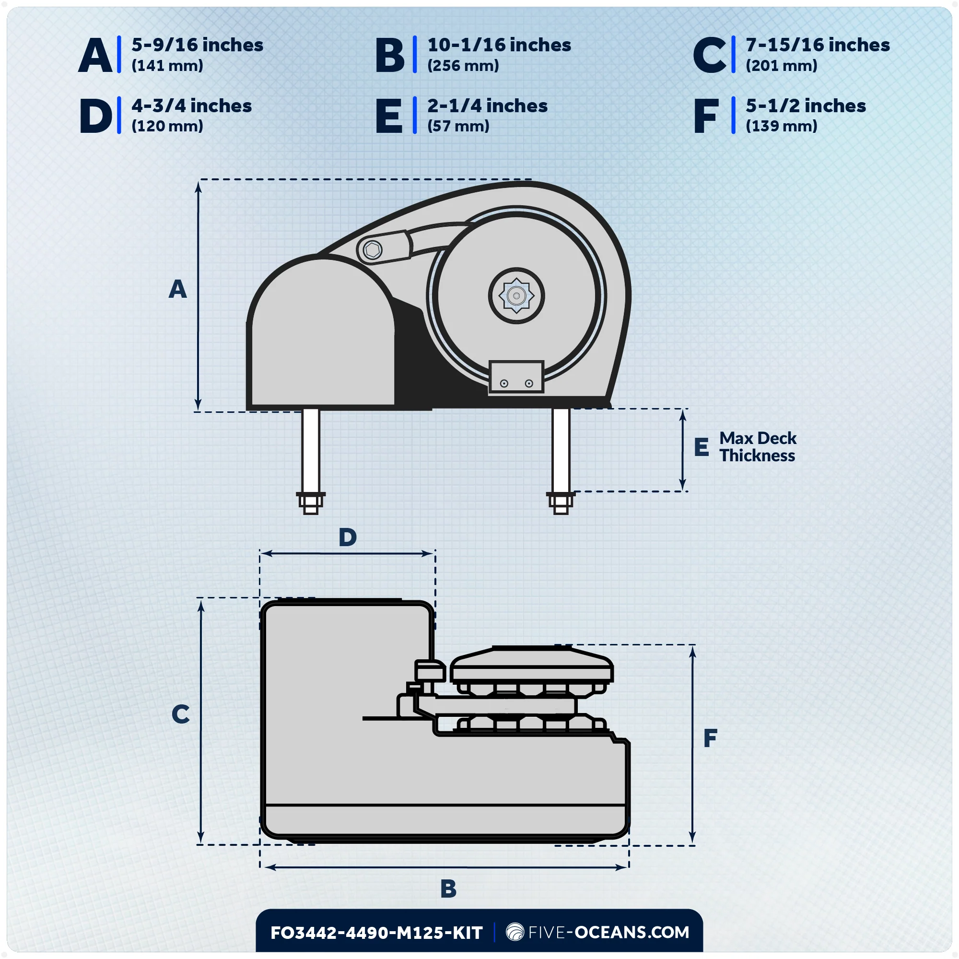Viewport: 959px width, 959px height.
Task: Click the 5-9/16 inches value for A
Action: tap(197, 45)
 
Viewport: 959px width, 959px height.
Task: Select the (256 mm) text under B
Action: tap(463, 66)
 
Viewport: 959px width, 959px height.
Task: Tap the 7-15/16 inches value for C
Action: tap(818, 45)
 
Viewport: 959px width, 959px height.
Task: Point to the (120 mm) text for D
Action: tap(167, 126)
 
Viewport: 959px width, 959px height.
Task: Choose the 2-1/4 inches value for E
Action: tap(488, 105)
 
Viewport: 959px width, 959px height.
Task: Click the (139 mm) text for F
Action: tap(781, 126)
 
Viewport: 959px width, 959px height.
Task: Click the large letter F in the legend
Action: tap(706, 116)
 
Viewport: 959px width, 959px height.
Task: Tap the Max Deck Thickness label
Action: tap(758, 447)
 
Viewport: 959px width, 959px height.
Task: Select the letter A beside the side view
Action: tap(178, 289)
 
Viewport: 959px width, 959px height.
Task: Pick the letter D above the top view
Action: tap(348, 537)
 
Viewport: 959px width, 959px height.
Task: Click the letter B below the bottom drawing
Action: tap(448, 889)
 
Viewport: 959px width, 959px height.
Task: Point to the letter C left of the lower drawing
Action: tap(181, 714)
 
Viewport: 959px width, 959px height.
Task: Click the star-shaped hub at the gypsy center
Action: tap(516, 296)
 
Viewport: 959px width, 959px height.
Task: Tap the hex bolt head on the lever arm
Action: tap(372, 250)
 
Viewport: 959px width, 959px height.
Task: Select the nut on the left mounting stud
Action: tap(311, 503)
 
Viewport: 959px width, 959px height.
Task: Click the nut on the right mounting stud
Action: tap(561, 503)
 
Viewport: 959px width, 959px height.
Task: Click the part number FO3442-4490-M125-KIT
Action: tap(376, 933)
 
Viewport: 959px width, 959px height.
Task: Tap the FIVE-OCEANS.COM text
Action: tap(608, 932)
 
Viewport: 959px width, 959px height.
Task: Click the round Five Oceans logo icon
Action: tap(515, 932)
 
